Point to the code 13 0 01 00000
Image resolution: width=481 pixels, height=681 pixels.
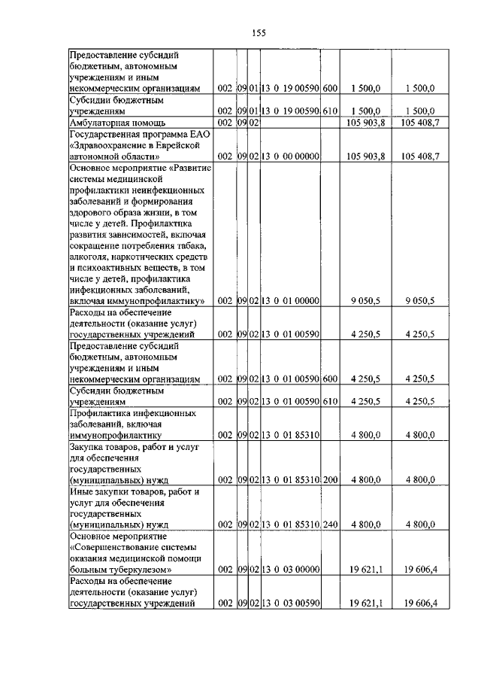point(291,300)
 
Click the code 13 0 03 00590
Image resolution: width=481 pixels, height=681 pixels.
point(291,603)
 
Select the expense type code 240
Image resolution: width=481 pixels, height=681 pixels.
point(330,524)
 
